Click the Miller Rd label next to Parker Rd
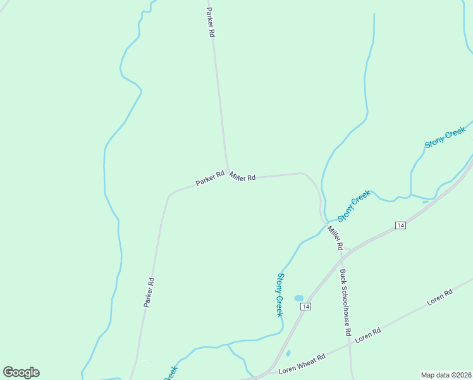(242, 176)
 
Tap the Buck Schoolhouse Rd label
(345, 302)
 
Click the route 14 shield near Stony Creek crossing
(400, 225)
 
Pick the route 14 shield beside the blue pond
(306, 307)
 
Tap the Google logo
(21, 372)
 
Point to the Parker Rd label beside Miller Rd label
(210, 179)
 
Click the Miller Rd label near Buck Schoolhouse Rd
(335, 236)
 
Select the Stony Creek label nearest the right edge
(445, 137)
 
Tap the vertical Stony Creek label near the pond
(279, 294)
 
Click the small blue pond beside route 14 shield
(298, 298)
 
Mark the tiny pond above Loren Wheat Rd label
(288, 353)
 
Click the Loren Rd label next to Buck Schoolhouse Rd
(367, 335)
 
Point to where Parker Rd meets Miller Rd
(228, 170)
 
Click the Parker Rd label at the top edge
(211, 22)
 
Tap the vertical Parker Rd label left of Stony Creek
(149, 293)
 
